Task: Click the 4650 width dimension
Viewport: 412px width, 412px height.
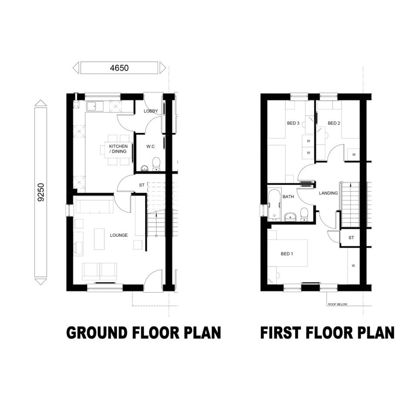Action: point(119,68)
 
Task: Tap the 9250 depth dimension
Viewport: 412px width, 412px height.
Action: point(41,192)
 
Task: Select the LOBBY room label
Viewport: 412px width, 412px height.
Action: point(151,111)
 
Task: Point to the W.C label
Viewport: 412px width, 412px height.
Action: point(150,146)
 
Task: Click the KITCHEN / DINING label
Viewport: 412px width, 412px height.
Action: point(118,149)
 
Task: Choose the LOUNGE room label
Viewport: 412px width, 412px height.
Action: point(119,235)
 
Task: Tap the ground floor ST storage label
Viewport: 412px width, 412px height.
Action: point(142,185)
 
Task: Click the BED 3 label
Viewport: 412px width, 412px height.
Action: point(293,123)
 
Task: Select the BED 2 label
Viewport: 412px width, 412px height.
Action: point(334,123)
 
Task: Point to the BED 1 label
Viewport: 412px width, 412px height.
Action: point(287,254)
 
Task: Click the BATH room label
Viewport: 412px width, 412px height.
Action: point(288,197)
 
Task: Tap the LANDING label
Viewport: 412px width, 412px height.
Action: point(328,193)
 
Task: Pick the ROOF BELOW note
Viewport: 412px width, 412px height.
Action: point(337,304)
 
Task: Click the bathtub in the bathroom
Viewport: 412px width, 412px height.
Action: point(274,205)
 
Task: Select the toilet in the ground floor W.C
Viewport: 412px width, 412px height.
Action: point(157,164)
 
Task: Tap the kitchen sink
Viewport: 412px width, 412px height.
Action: point(92,106)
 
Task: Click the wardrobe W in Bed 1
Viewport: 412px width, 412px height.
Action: point(354,266)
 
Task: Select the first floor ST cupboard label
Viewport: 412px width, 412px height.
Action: point(351,238)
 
